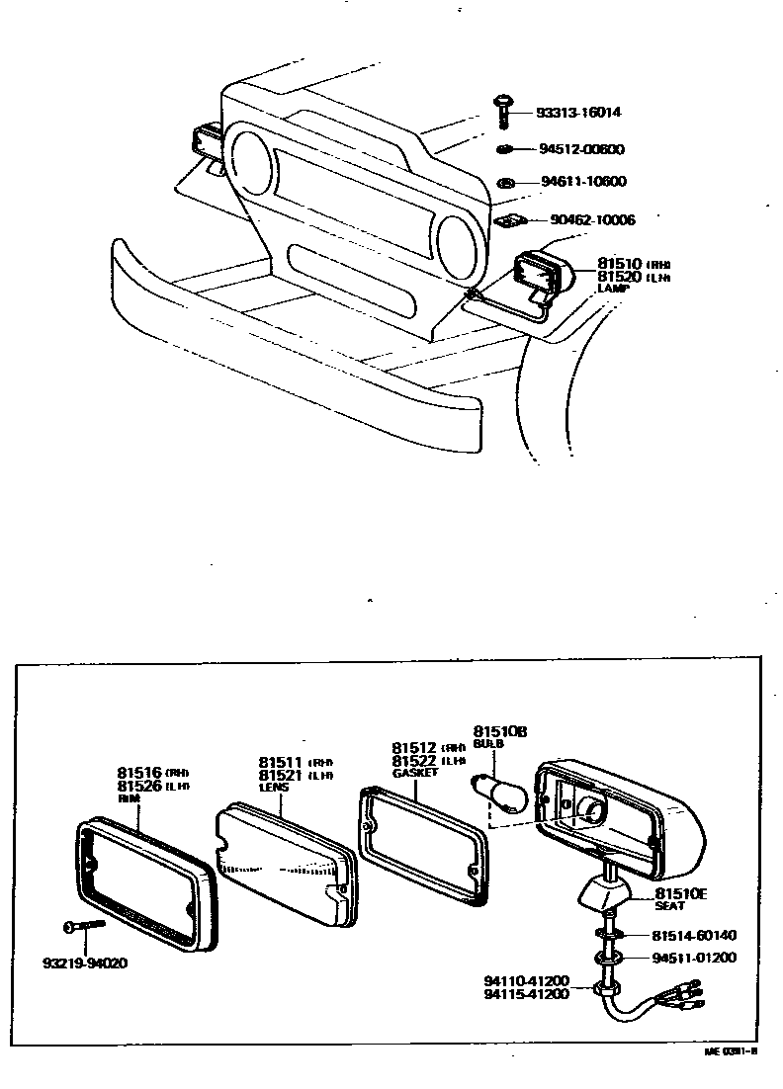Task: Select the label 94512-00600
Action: pos(582,150)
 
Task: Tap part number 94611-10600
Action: pos(583,182)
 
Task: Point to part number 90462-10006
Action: pos(592,219)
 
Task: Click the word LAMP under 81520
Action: pos(613,289)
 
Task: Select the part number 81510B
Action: pos(500,730)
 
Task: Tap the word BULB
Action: pos(487,743)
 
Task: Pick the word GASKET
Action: pos(414,773)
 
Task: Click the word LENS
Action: pos(273,788)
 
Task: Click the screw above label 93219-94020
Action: pos(85,927)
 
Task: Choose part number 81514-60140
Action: pos(694,935)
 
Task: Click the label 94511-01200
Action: pos(694,958)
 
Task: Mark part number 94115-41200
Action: pos(527,994)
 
